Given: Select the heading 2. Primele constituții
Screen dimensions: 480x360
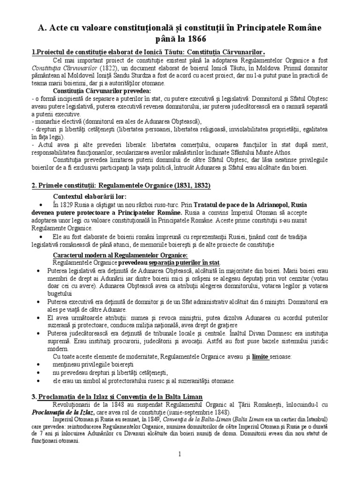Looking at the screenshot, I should pyautogui.click(x=121, y=185).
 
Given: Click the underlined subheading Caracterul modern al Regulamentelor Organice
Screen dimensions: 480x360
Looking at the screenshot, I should pyautogui.click(x=120, y=255).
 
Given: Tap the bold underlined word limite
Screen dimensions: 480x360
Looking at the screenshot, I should pyautogui.click(x=260, y=357).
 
